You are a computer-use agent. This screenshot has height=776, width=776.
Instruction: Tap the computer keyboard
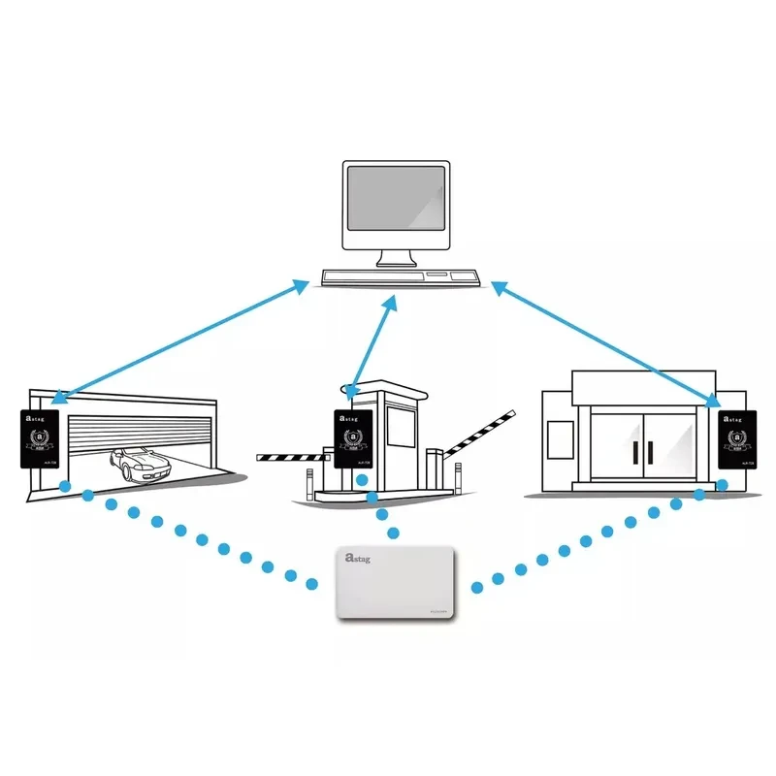401,278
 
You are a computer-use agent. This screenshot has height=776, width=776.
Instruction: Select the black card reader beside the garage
41,440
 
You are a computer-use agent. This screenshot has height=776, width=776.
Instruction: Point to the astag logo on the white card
358,559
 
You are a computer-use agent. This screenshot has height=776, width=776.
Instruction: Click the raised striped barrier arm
479,433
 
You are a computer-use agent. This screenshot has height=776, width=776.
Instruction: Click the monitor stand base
397,262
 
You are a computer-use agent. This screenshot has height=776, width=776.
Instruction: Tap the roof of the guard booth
389,390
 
